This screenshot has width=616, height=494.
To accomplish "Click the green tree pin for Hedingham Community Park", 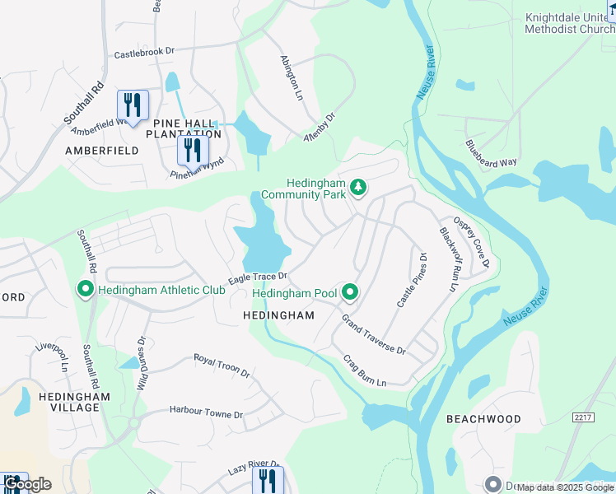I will [358, 189].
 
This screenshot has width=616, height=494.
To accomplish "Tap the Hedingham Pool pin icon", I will [350, 292].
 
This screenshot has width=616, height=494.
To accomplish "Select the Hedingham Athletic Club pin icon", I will [85, 289].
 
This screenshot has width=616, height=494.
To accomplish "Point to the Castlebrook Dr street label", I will [145, 53].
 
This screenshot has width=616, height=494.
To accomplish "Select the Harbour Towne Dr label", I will [206, 411].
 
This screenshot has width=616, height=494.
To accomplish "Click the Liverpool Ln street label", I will [51, 354].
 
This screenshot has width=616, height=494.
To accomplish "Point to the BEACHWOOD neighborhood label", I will [483, 419].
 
